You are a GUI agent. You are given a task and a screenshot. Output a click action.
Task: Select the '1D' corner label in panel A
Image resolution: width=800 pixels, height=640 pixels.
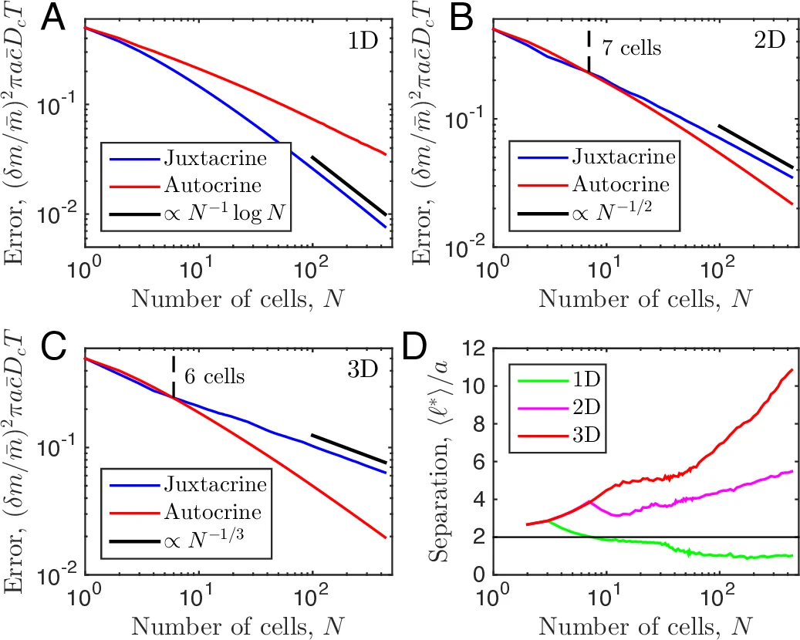358,37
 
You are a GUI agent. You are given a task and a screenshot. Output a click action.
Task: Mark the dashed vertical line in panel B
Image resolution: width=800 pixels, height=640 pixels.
589,51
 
